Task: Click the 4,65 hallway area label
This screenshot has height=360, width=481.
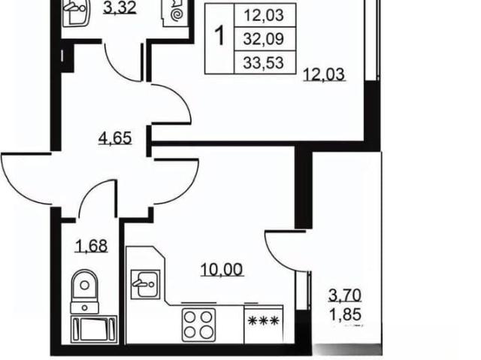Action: (115, 138)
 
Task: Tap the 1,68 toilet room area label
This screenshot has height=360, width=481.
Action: (92, 246)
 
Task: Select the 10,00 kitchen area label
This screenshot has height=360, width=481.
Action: (222, 270)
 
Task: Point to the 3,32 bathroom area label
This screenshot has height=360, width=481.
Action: (119, 8)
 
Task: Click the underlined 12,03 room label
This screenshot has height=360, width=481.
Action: (324, 74)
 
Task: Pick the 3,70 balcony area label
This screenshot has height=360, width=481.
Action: (345, 295)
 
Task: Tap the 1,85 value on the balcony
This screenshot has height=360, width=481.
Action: (346, 315)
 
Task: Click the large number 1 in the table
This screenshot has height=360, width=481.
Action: (219, 36)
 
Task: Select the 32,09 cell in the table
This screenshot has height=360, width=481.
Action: (264, 39)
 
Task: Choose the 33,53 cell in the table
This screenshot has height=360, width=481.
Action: (264, 63)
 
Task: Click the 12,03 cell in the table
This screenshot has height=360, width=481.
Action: (264, 15)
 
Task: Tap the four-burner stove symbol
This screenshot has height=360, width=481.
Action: (198, 325)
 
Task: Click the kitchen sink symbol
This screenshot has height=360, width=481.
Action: (145, 284)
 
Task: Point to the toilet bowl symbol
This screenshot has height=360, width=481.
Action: (85, 292)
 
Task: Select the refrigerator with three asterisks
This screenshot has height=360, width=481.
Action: (264, 325)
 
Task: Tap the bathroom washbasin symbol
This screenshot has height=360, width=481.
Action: (75, 12)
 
